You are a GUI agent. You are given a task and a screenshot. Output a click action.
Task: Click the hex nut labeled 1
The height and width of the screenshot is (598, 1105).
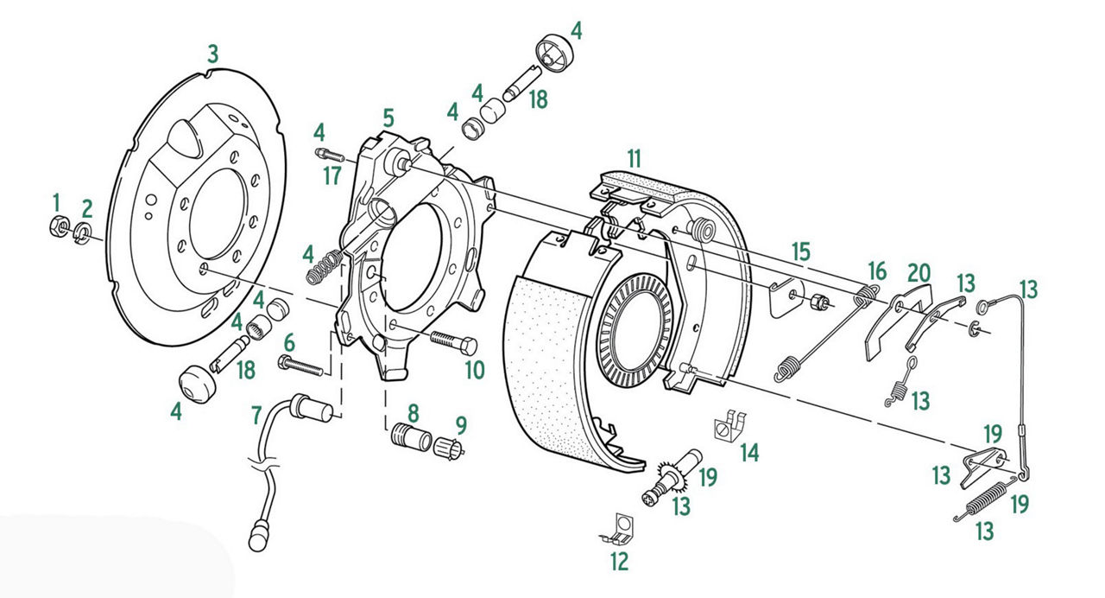[59, 227]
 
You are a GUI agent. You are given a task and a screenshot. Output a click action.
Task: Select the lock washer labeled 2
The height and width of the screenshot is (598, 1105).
[82, 232]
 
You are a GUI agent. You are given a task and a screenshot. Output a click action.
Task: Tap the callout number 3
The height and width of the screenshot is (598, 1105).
[212, 54]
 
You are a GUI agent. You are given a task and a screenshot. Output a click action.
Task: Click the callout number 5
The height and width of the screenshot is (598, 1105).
[388, 119]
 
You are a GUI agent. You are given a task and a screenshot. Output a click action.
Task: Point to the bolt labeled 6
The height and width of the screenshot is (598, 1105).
[301, 366]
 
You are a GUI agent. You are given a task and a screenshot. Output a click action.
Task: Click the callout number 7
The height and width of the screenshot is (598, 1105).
[256, 416]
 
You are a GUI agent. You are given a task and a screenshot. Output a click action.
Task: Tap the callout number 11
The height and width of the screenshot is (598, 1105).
[635, 159]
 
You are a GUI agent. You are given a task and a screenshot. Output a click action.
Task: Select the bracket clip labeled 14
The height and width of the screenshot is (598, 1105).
[730, 424]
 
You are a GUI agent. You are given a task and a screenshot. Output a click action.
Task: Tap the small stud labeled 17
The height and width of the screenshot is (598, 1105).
[330, 155]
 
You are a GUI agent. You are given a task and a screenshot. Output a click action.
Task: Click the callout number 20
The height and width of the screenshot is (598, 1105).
[919, 273]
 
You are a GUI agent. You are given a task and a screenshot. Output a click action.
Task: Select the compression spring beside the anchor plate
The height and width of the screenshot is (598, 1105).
[324, 268]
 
